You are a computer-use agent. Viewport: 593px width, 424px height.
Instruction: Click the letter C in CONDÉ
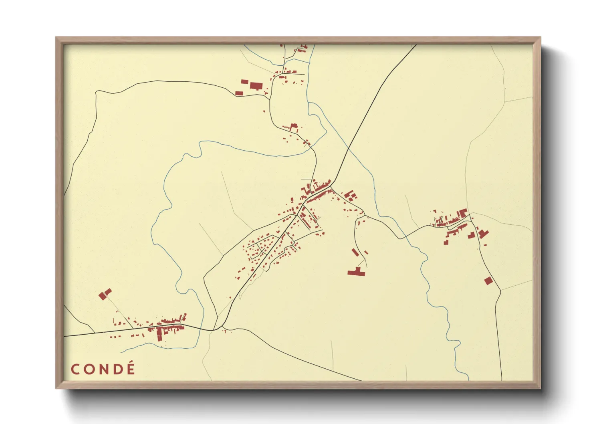pos(75,369)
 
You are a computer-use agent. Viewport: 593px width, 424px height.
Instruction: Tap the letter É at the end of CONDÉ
pos(130,369)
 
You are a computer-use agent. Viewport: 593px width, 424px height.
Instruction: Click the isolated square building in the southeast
pos(488,281)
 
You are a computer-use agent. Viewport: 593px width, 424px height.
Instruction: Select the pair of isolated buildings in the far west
pos(105,294)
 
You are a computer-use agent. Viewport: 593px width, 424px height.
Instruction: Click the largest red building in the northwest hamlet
pos(255,85)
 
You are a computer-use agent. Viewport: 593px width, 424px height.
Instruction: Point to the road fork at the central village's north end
pos(331,186)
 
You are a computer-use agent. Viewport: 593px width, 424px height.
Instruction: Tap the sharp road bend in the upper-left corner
pos(97,92)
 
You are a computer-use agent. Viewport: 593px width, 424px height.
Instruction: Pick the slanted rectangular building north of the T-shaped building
pos(355,252)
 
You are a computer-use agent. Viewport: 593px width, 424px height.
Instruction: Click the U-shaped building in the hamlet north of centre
pos(294,127)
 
